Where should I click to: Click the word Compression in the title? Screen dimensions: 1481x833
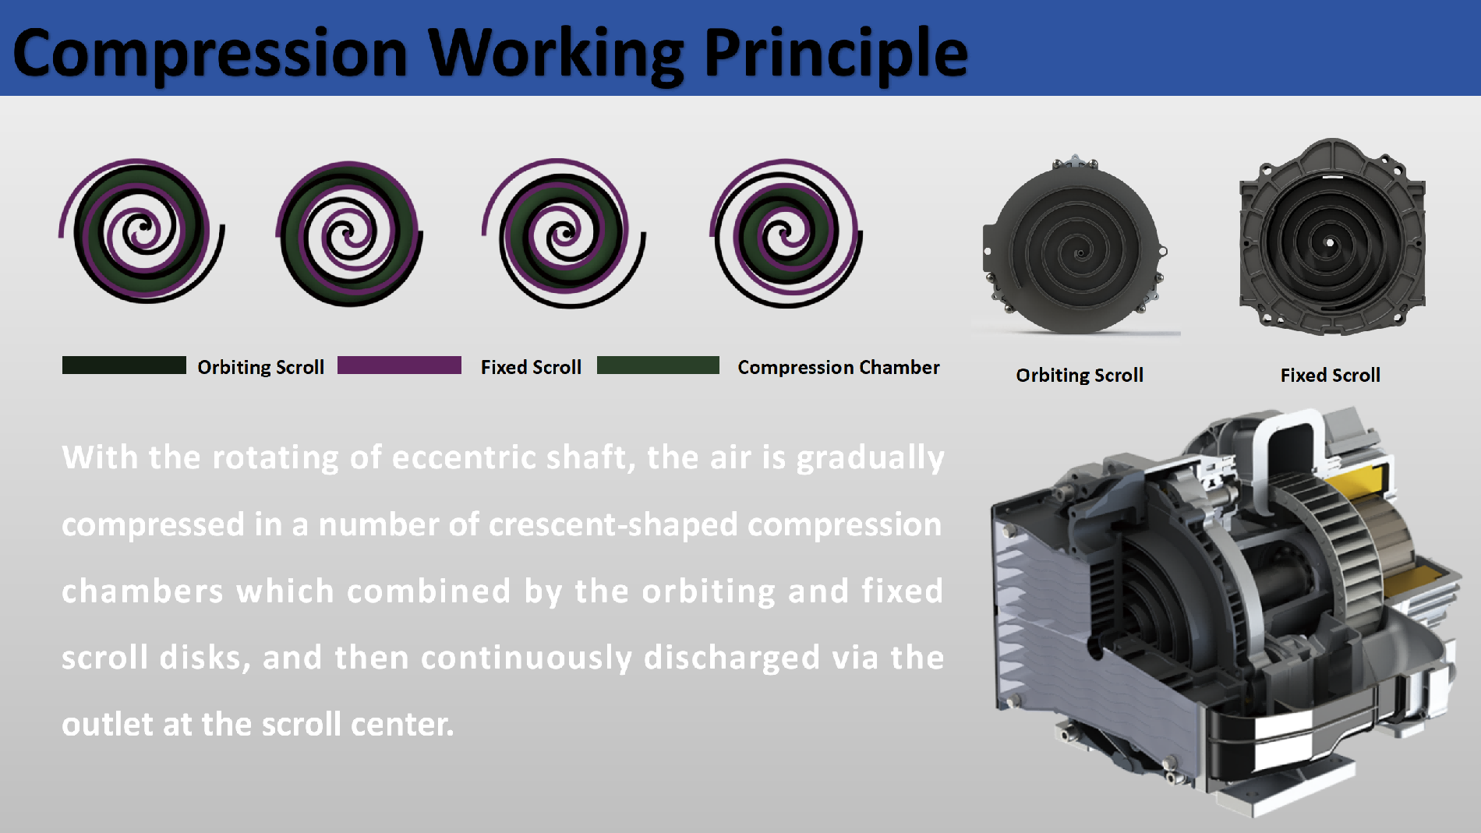(210, 53)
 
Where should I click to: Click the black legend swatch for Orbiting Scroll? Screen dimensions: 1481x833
(124, 365)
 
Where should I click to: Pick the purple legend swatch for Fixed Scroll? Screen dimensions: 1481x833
(399, 365)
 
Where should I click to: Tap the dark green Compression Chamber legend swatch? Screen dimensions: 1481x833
(658, 365)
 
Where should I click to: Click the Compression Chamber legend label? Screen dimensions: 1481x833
(839, 367)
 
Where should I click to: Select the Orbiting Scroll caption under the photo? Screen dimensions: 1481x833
(1080, 376)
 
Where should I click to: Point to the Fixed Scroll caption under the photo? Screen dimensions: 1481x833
(1330, 376)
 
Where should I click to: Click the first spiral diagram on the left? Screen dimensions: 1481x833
(142, 231)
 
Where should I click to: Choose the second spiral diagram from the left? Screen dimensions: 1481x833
(349, 232)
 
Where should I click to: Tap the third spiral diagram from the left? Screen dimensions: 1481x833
(564, 232)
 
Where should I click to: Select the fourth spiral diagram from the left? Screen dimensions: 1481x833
(786, 232)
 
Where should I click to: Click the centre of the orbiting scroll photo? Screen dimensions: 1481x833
(1080, 252)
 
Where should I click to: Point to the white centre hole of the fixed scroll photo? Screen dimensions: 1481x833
(1330, 244)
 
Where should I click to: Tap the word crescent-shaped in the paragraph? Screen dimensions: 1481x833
(613, 525)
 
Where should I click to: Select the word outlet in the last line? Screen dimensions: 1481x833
(108, 725)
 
